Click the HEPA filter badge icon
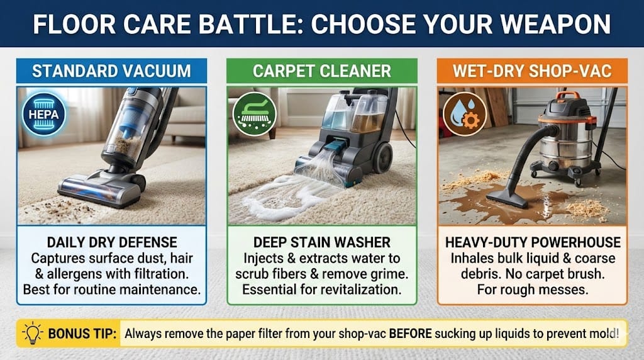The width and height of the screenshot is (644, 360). pyautogui.click(x=43, y=115)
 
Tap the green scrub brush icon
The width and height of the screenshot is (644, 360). pyautogui.click(x=254, y=115)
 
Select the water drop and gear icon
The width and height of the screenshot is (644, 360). pyautogui.click(x=465, y=115)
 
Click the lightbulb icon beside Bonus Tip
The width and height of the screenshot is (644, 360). pyautogui.click(x=33, y=332)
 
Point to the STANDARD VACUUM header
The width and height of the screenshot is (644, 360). pyautogui.click(x=111, y=71)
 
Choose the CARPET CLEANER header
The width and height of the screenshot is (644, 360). pyautogui.click(x=322, y=71)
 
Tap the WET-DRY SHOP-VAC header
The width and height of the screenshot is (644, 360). pyautogui.click(x=532, y=71)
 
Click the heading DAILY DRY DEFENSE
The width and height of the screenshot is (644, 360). pyautogui.click(x=112, y=242)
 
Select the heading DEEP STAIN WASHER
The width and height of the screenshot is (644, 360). pyautogui.click(x=322, y=242)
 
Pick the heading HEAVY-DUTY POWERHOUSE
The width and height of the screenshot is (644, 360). pyautogui.click(x=533, y=242)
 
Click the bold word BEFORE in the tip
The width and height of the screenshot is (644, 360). pyautogui.click(x=410, y=334)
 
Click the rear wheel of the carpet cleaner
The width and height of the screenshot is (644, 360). pyautogui.click(x=382, y=157)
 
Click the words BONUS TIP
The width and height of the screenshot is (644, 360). pyautogui.click(x=82, y=334)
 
